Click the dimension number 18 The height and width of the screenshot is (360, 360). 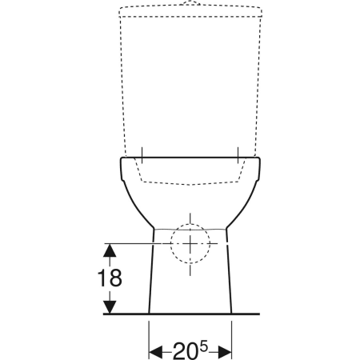(x=110, y=278)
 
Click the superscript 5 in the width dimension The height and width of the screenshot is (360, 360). (x=203, y=347)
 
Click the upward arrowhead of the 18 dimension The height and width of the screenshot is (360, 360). (x=110, y=250)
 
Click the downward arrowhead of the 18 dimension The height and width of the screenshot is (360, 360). (x=110, y=307)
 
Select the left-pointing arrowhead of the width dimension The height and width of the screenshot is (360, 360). (x=155, y=353)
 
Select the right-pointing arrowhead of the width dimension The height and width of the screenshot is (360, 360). (x=225, y=353)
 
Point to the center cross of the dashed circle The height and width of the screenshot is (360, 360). (x=190, y=243)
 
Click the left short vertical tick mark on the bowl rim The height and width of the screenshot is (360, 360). (x=142, y=155)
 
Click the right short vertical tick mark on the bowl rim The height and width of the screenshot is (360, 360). (x=238, y=155)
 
